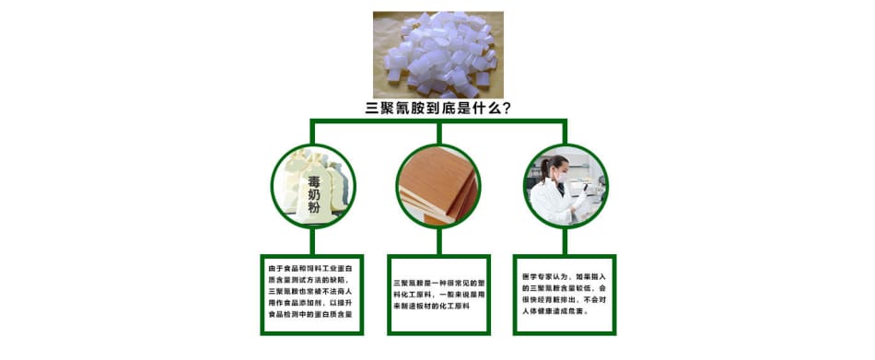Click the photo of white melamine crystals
438,54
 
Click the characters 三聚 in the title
379,109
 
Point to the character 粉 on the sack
315,209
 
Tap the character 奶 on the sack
315,195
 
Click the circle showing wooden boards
438,186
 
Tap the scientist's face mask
563,178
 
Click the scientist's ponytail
544,170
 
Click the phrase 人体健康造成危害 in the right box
552,312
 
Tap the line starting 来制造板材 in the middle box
431,307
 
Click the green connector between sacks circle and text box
312,241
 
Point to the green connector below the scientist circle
565,241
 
